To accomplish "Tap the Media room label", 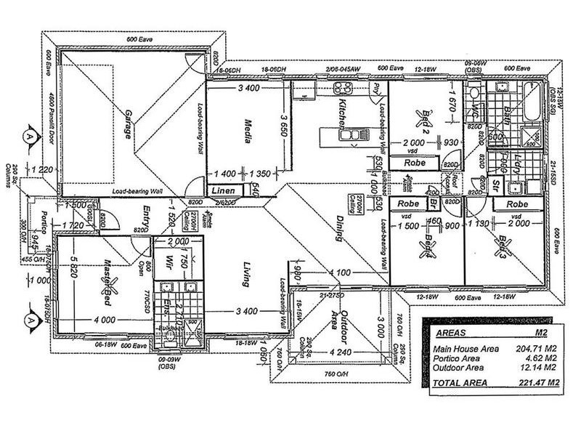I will (x=247, y=132).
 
